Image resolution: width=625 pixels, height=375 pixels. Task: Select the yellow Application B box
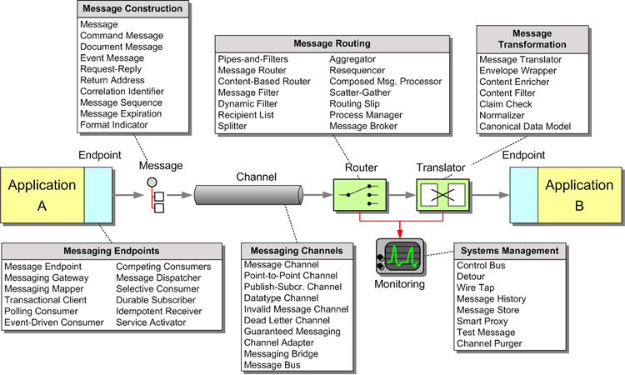point(579,196)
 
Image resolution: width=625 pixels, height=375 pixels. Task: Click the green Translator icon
point(439,196)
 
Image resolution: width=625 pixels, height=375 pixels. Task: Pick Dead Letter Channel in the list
point(287,320)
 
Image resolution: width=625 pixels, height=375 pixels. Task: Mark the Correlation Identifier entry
point(122,92)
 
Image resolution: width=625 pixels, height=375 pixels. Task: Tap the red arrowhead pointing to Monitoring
point(401,232)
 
